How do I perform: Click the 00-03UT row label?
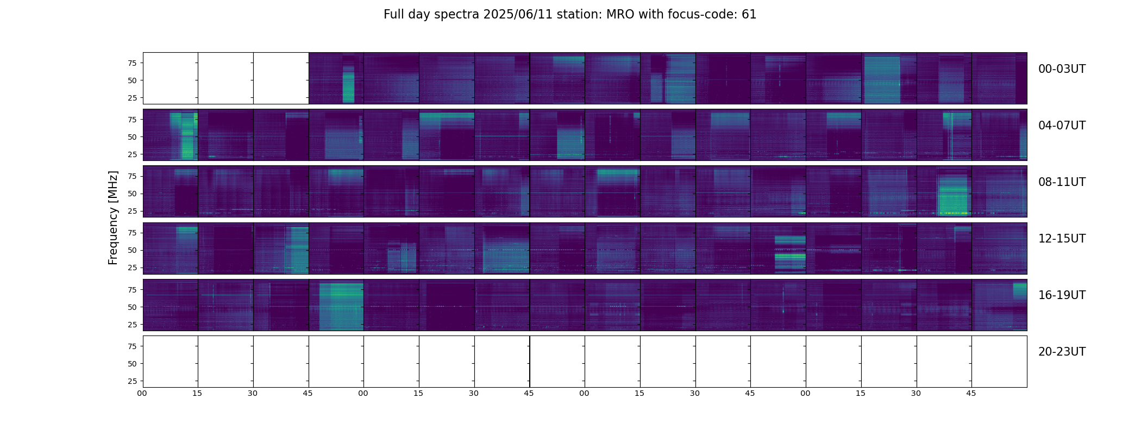tap(1062, 69)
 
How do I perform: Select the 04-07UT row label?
tap(1062, 126)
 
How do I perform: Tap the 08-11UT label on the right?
tap(1062, 182)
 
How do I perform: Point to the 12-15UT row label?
tap(1062, 239)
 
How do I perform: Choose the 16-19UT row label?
tap(1062, 295)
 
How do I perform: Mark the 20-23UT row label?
tap(1062, 352)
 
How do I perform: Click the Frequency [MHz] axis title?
tap(113, 217)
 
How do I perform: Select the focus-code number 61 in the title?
tap(749, 15)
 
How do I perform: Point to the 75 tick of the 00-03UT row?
tap(132, 63)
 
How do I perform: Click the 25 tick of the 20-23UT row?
tap(132, 381)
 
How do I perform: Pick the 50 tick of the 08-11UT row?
tap(132, 194)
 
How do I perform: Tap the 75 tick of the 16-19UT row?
tap(132, 290)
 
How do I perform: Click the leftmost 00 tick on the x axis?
tap(142, 393)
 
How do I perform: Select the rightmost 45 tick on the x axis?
tap(971, 393)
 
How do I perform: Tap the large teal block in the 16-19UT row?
tap(341, 307)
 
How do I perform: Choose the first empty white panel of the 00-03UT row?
tap(171, 78)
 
